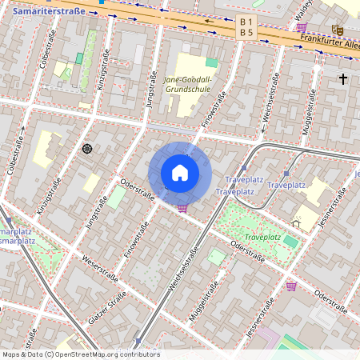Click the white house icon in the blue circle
tap(180, 173)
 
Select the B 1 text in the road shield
tap(246, 21)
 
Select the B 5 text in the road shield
tap(246, 33)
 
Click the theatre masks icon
tap(338, 30)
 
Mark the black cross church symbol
tap(343, 78)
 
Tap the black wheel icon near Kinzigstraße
tap(87, 148)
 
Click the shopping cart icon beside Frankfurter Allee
tap(302, 26)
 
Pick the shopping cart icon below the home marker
tap(183, 207)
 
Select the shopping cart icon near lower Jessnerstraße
tap(291, 286)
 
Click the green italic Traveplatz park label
tap(262, 238)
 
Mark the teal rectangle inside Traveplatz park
tap(290, 241)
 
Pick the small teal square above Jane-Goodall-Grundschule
tap(211, 62)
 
